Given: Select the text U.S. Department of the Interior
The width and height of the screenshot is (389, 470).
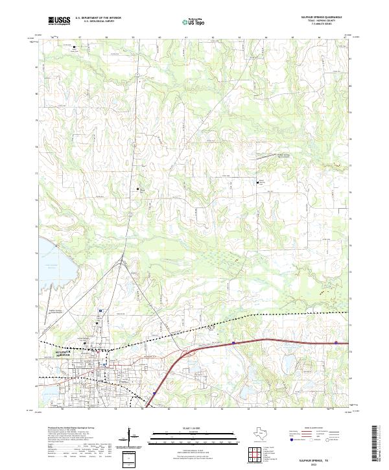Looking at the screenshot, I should pyautogui.click(x=98, y=18).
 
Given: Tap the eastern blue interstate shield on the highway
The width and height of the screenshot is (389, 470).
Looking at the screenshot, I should pyautogui.click(x=336, y=343).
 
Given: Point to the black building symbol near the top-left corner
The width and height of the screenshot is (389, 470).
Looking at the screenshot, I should pyautogui.click(x=74, y=47).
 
